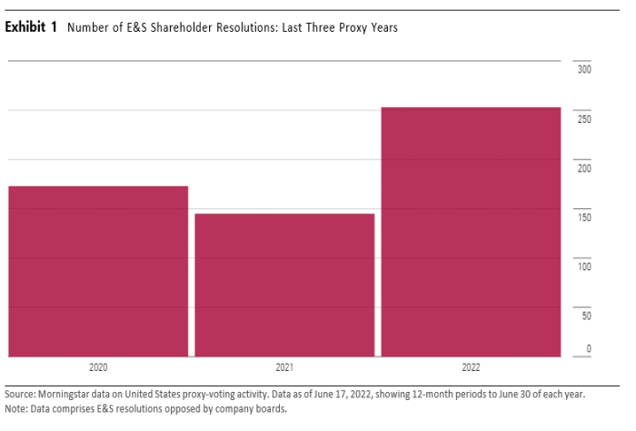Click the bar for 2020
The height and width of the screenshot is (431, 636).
[98, 271]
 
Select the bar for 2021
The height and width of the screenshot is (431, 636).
[284, 285]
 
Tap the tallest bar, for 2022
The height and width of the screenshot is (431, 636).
[471, 232]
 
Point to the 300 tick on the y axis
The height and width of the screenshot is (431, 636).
[584, 69]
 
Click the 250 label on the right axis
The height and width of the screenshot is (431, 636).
[584, 119]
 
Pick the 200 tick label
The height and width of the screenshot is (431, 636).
[584, 168]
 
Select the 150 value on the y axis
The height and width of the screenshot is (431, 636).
[584, 217]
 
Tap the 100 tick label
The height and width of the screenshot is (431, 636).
[584, 266]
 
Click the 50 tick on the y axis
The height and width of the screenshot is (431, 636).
[586, 316]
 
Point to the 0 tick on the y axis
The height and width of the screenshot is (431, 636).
[589, 349]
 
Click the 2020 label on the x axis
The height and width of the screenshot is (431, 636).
[98, 368]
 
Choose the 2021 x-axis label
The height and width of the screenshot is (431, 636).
[284, 368]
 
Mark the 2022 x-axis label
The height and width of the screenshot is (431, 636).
[471, 368]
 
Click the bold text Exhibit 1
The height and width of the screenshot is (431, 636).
[31, 27]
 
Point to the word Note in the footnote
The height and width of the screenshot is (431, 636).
[15, 408]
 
